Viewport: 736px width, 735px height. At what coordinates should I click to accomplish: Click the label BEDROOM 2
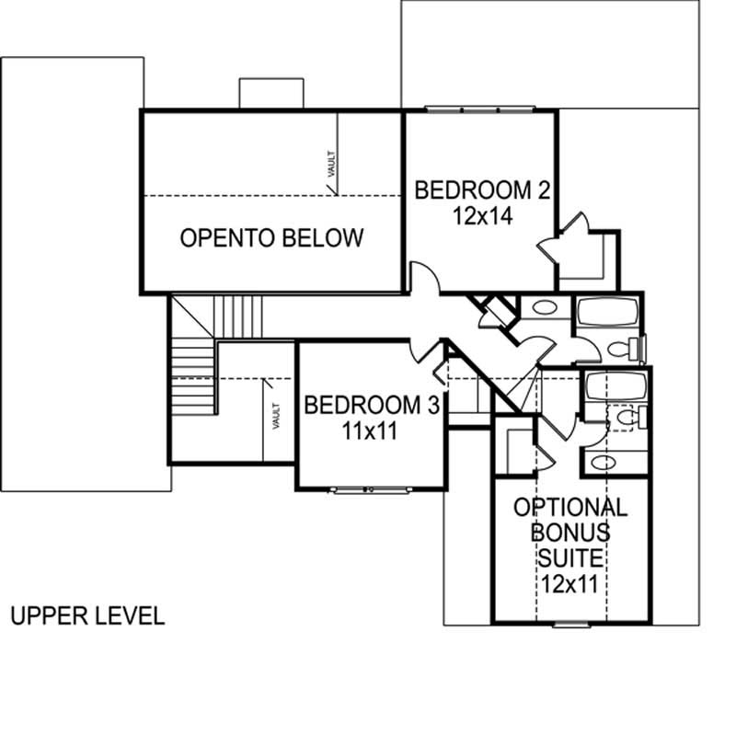482,190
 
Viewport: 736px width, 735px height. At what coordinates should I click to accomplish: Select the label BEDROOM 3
373,405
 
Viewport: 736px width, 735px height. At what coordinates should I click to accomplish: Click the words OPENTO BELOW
271,238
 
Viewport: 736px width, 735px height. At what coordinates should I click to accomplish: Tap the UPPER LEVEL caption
87,615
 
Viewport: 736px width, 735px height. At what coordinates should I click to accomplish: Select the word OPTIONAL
570,507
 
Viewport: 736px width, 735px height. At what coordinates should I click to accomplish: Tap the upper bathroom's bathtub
606,314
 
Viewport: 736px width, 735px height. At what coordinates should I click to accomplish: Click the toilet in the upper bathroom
629,348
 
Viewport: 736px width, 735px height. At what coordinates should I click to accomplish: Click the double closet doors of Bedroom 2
562,235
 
